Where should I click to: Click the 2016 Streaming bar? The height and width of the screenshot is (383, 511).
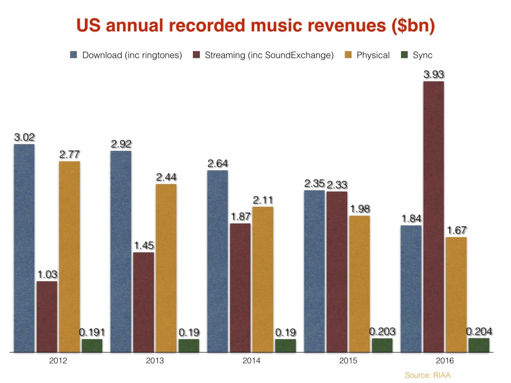[434, 216]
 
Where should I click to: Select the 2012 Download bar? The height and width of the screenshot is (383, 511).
[24, 248]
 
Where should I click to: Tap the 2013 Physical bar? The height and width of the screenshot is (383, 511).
[166, 268]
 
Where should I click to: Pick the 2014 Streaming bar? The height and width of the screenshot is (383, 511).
[240, 287]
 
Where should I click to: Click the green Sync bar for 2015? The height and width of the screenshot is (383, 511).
[382, 345]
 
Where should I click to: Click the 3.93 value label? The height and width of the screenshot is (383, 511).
[434, 74]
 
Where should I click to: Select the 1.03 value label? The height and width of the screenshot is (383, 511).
[47, 274]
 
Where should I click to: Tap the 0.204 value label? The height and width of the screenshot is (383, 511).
[479, 332]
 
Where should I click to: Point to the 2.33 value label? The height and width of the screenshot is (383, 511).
[337, 185]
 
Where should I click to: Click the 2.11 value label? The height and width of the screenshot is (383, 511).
[263, 200]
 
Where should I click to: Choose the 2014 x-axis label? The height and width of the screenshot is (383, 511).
[251, 361]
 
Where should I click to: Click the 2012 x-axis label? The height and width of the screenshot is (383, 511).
[58, 361]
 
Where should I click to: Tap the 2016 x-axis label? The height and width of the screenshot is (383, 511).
[445, 361]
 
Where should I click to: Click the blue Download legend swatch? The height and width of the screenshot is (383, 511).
[74, 55]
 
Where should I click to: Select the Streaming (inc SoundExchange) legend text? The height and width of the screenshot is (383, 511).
[269, 55]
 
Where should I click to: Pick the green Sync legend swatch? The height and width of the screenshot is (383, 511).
[404, 55]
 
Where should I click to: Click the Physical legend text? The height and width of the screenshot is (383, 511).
[373, 55]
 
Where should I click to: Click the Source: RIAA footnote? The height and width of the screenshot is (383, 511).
[427, 375]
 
